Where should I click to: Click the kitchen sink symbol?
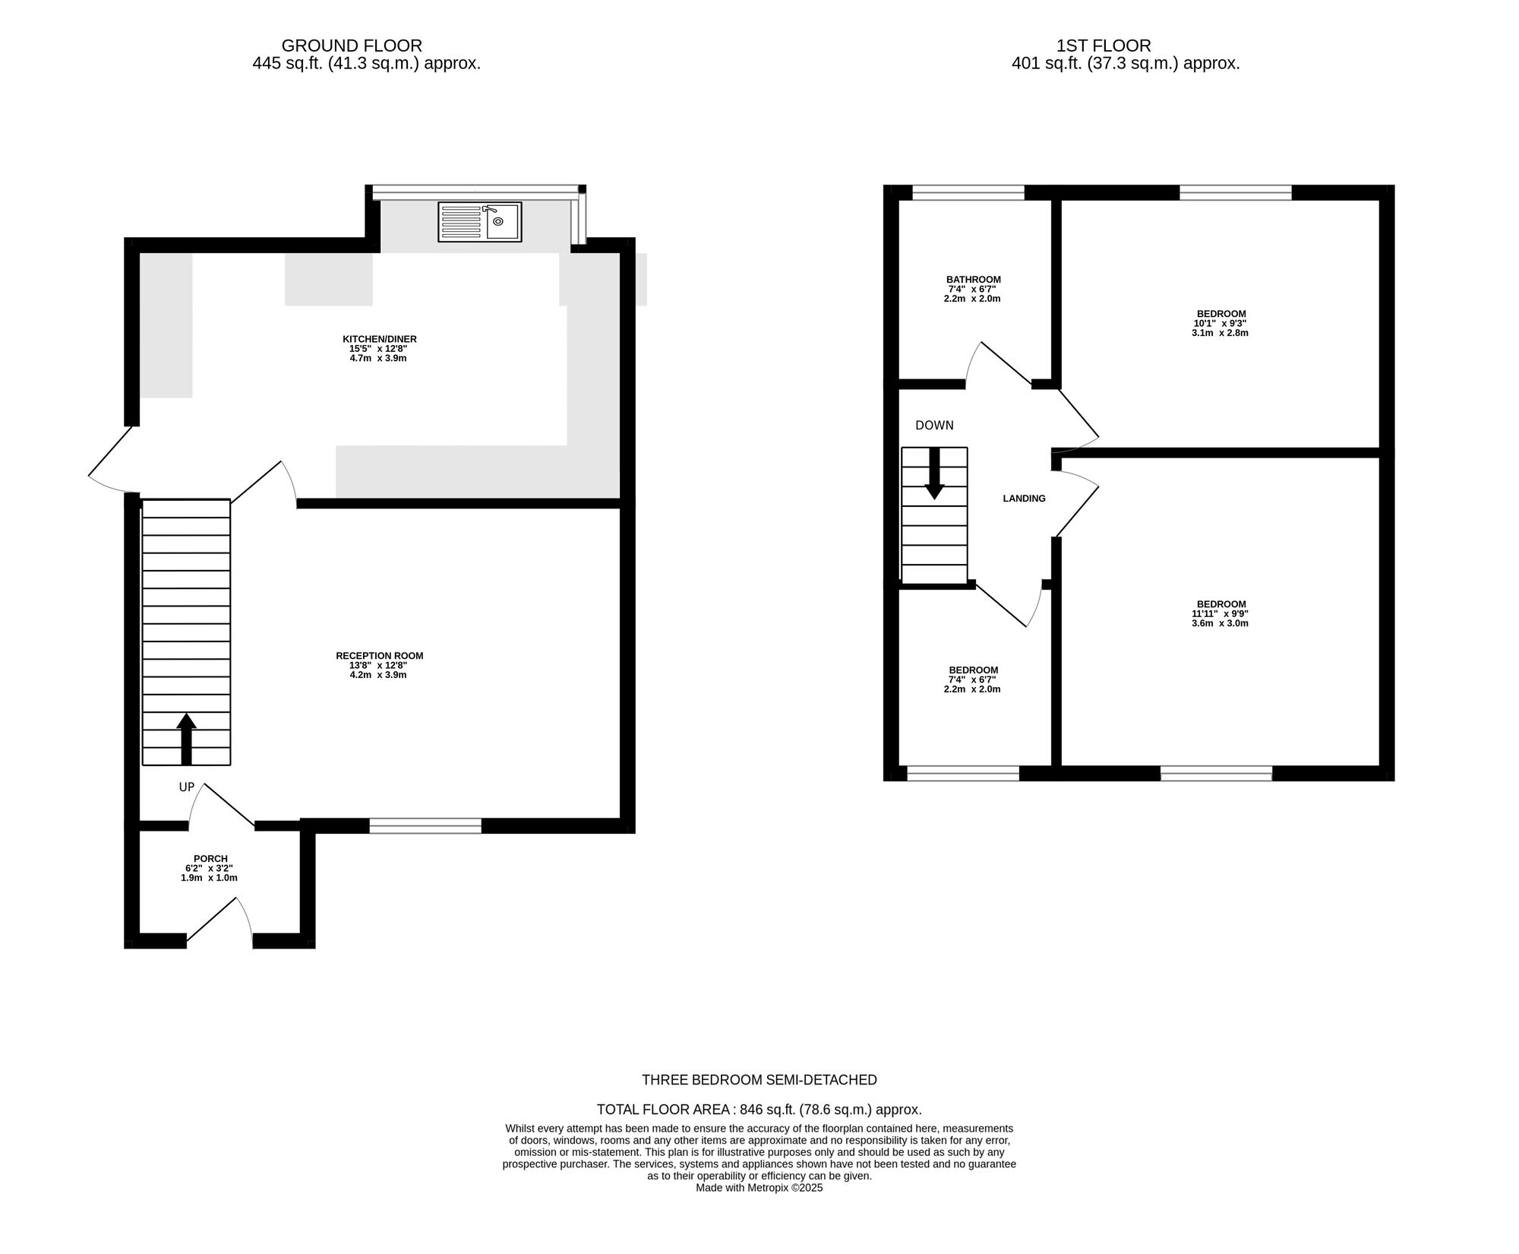pyautogui.click(x=480, y=222)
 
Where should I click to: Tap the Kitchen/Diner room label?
pyautogui.click(x=380, y=339)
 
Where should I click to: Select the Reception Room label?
pyautogui.click(x=380, y=656)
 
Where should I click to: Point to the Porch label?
pyautogui.click(x=210, y=859)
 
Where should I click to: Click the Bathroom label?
pyautogui.click(x=973, y=280)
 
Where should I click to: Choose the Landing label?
pyautogui.click(x=1024, y=499)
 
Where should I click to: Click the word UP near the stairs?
pyautogui.click(x=187, y=787)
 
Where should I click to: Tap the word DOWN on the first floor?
pyautogui.click(x=934, y=426)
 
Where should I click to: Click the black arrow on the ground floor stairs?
pyautogui.click(x=186, y=739)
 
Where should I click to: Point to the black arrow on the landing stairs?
pyautogui.click(x=934, y=473)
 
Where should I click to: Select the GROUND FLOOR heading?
pyautogui.click(x=352, y=46)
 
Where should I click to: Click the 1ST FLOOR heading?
pyautogui.click(x=1104, y=46)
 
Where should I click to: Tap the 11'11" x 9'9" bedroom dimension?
pyautogui.click(x=1220, y=614)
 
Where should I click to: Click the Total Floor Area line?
pyautogui.click(x=759, y=1110)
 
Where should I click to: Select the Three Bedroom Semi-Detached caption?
pyautogui.click(x=759, y=1080)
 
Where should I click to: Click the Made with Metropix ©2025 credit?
pyautogui.click(x=759, y=1188)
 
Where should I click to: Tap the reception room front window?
pyautogui.click(x=425, y=826)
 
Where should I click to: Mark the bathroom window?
pyautogui.click(x=968, y=193)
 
